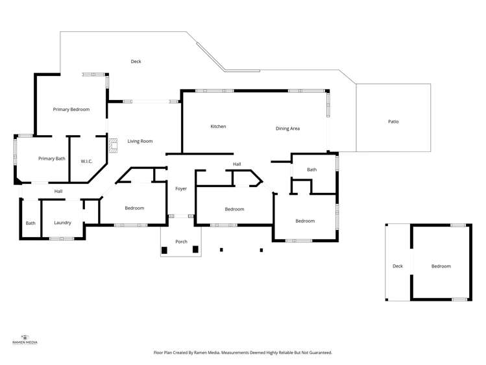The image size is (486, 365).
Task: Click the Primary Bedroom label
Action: (71, 110)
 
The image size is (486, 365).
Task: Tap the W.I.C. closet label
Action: (88, 160)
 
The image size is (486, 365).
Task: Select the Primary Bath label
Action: (51, 158)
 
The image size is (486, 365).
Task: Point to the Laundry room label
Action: (62, 223)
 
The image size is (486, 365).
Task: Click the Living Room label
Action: (140, 141)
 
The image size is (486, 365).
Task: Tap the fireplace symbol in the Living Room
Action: (112, 145)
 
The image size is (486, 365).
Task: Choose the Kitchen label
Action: (218, 126)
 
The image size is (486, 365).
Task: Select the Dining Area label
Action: (287, 129)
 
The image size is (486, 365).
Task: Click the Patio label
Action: (393, 121)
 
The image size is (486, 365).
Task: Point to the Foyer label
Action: (181, 188)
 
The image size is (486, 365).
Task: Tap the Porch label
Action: (181, 242)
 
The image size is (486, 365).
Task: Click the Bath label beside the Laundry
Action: (30, 223)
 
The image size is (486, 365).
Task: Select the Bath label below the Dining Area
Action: (312, 170)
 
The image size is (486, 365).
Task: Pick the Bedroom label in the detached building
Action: (441, 266)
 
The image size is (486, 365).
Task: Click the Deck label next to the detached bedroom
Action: (398, 266)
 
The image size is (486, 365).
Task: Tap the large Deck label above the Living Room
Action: (136, 62)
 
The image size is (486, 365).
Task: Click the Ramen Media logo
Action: (25, 338)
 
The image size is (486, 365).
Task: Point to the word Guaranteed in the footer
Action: (319, 353)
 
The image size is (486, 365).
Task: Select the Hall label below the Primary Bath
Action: (58, 191)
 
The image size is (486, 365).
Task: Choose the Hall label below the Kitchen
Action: (237, 164)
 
